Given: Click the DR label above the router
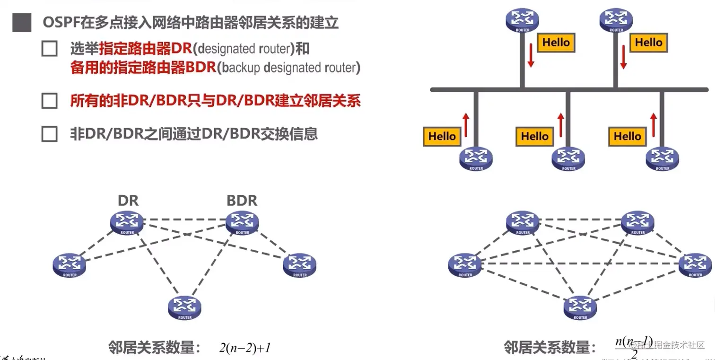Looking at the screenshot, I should (128, 201).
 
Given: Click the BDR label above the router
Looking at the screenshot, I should (242, 201).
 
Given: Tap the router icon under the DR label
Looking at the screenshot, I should (127, 222).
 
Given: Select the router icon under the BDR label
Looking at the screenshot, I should (242, 222).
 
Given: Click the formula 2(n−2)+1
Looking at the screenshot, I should (244, 349).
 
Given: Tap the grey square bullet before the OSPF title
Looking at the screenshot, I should (22, 23).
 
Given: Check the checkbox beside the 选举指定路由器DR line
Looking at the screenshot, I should (49, 49).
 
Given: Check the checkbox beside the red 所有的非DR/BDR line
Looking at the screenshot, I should (49, 101).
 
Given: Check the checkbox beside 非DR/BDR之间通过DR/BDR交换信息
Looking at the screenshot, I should (49, 134).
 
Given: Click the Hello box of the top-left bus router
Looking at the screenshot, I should (556, 43).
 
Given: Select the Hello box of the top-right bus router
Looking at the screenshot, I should (649, 43).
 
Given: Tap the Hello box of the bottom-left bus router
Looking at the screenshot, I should (442, 136).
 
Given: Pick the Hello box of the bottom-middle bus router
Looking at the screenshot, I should (535, 136).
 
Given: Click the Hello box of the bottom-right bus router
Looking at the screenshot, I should (628, 136).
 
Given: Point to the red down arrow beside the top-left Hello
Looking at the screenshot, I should (531, 54).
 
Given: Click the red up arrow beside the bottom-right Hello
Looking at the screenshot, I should (654, 124).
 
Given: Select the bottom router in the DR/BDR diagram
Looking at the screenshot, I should (185, 307).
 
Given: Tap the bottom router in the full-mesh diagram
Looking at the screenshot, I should (580, 307).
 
